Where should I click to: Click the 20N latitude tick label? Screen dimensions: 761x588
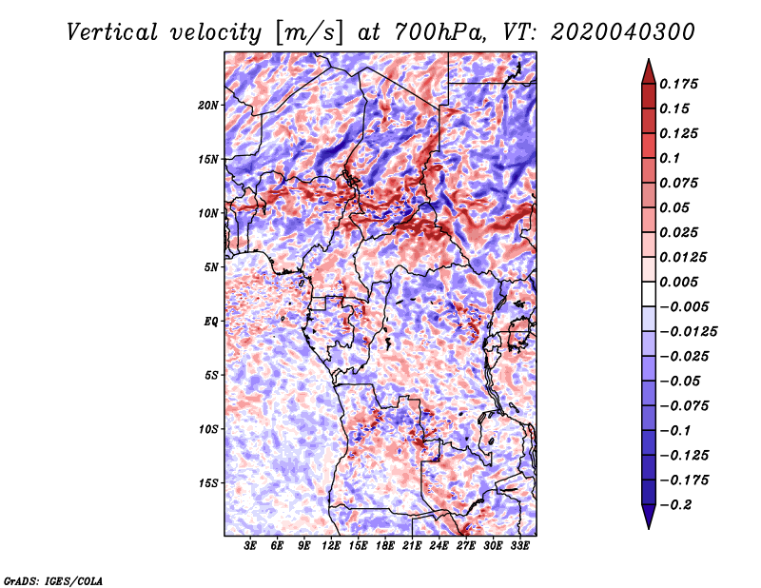208,106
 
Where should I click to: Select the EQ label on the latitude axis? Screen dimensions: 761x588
210,322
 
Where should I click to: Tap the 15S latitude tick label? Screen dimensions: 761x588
208,483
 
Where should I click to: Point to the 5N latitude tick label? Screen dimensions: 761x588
211,267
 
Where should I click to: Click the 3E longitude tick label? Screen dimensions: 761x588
250,546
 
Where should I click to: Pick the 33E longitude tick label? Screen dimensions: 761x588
519,546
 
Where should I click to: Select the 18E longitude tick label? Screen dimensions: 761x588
385,546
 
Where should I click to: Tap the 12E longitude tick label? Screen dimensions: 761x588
331,546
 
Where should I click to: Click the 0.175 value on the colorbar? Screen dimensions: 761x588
678,84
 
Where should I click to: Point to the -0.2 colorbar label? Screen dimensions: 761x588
676,505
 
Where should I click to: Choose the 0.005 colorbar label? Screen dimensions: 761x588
678,282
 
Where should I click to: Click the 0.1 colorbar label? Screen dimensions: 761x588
670,158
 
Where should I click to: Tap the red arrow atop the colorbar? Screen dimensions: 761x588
649,71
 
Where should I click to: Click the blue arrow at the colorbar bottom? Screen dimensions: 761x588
649,517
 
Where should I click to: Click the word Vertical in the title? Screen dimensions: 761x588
112,32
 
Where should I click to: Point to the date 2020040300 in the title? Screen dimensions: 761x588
623,32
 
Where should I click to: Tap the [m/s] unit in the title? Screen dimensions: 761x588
309,33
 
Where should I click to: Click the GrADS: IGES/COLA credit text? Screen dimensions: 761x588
53,581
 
